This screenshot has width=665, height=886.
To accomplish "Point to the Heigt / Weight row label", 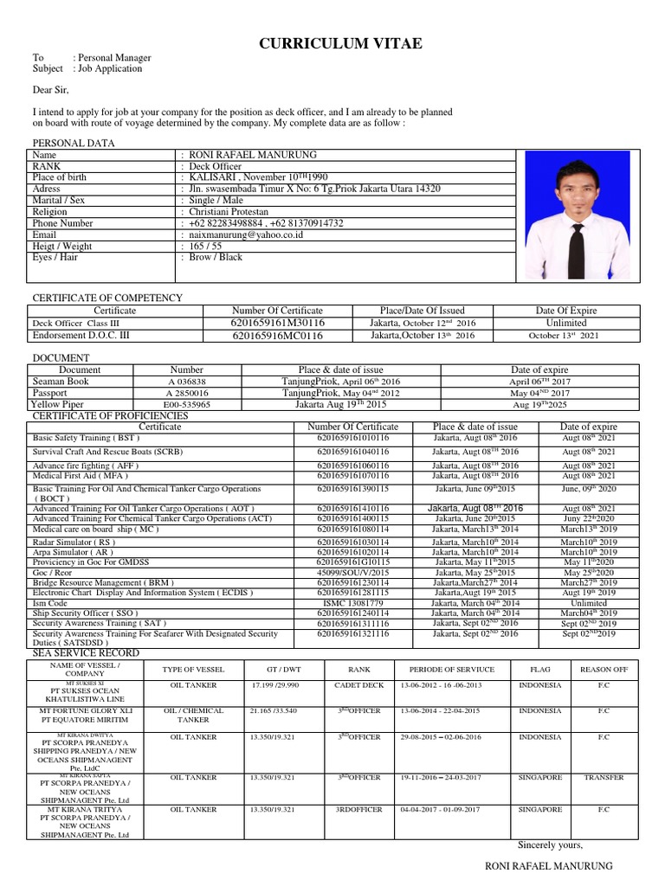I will click(x=62, y=246).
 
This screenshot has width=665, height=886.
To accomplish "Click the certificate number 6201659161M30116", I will click(x=277, y=323).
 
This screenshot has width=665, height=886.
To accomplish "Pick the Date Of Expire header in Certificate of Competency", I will click(x=565, y=311).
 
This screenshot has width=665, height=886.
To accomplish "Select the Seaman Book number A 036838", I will click(x=187, y=381).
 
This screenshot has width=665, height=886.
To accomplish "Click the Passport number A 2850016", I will click(x=187, y=393).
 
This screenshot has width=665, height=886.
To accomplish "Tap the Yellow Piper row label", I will click(x=58, y=404).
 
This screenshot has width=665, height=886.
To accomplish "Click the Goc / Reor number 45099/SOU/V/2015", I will click(x=352, y=573).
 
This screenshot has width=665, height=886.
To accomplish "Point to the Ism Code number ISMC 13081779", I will click(x=352, y=603).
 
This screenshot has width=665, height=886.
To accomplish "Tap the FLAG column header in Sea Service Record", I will click(x=539, y=670).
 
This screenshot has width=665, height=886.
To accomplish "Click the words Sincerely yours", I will click(x=550, y=845).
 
